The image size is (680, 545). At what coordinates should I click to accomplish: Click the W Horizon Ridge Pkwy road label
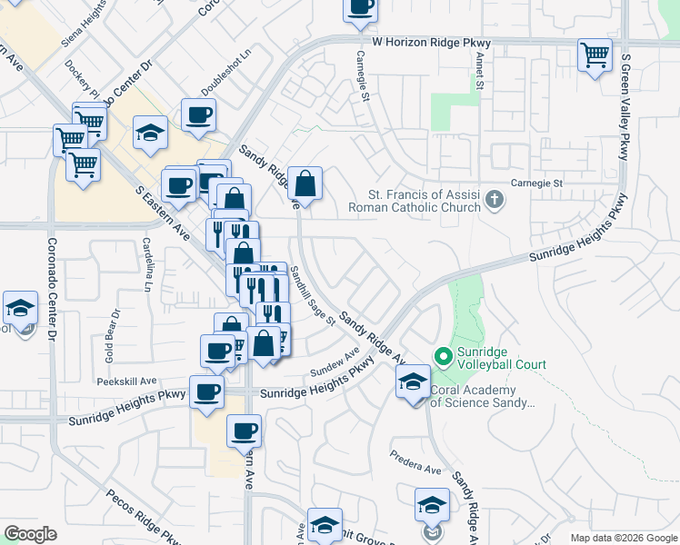point(431,43)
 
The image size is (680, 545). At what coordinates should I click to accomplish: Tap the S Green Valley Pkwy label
point(625,107)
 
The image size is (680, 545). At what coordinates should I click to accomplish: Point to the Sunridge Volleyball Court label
point(502,358)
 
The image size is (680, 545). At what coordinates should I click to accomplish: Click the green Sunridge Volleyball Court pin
point(444,356)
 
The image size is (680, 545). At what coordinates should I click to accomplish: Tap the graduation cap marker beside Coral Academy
point(412,381)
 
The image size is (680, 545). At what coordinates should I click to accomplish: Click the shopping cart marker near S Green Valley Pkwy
point(595,55)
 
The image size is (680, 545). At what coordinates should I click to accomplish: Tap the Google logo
point(31,534)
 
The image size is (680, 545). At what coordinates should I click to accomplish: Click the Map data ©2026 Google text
point(622,538)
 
